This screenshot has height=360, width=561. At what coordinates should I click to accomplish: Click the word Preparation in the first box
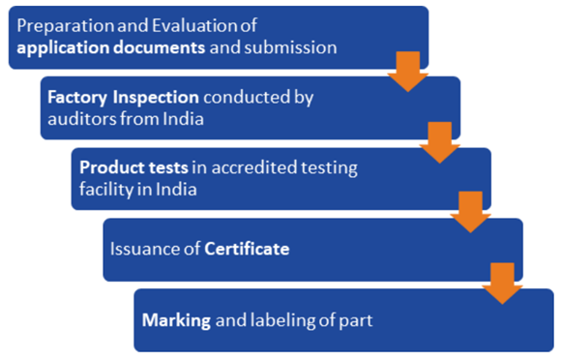(x=66, y=26)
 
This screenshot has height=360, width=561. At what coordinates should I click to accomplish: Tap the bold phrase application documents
(x=111, y=48)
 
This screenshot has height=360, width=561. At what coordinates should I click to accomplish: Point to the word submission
(x=290, y=47)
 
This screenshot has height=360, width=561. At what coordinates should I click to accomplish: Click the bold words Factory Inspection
(x=123, y=98)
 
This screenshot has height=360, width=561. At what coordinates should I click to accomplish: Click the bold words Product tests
(x=133, y=167)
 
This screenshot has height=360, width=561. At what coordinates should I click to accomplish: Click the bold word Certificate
(x=247, y=249)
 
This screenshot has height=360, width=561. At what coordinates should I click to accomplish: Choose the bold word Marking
(x=176, y=320)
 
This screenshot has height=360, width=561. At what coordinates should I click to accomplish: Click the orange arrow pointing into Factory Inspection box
(x=408, y=72)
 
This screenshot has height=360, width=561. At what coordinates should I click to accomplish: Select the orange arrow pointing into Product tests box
(x=440, y=142)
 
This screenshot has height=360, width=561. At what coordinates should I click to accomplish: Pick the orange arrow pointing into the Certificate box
(x=470, y=212)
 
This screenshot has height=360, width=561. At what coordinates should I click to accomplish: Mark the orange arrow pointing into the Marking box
(x=502, y=284)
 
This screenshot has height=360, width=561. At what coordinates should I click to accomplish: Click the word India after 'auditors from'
(x=183, y=119)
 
